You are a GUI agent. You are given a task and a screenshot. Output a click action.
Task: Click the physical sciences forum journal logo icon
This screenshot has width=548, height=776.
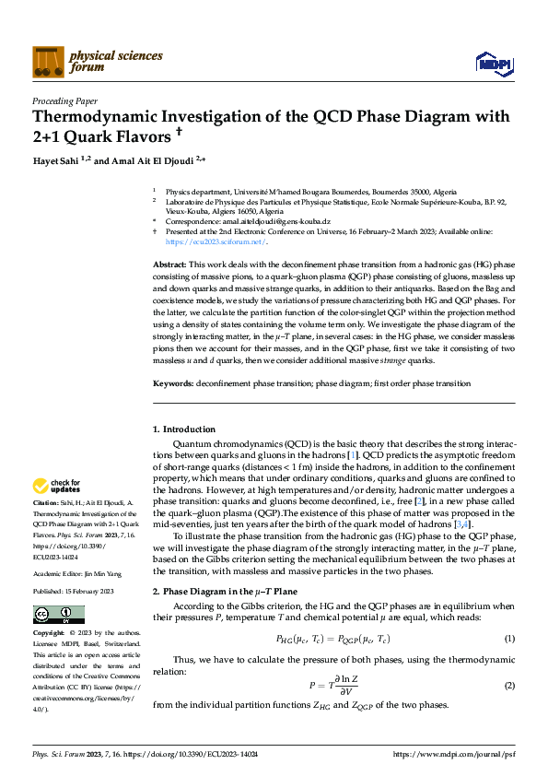48,61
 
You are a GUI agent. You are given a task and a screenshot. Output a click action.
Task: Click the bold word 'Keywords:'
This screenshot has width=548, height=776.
173,383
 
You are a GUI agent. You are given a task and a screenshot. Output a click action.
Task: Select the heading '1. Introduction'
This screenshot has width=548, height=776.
184,429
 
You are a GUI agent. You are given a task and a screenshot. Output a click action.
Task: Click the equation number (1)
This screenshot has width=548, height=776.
509,639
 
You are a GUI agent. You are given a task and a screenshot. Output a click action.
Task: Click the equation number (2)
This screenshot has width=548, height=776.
509,686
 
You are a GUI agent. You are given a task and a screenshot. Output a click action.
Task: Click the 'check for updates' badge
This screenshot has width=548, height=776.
58,485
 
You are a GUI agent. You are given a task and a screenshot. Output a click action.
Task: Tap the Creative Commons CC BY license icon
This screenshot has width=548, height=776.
52,614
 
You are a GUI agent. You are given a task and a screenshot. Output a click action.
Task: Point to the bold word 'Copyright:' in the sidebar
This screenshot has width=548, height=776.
49,635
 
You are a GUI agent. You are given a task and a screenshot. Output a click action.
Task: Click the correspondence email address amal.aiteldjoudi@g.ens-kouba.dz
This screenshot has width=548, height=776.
274,222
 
